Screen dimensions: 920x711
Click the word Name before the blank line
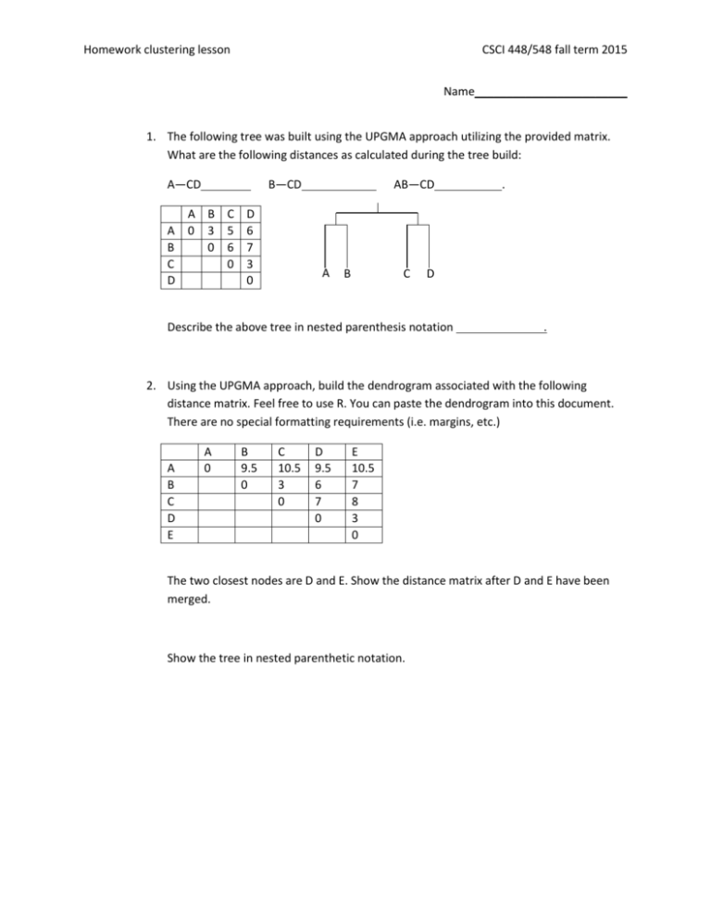point(458,93)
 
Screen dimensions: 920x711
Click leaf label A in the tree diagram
point(326,274)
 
